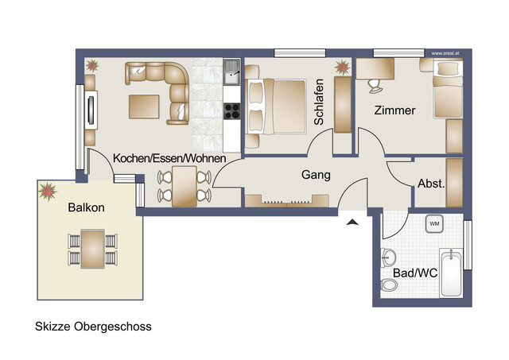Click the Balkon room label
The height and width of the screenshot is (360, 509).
[85, 207]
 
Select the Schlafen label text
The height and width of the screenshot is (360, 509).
[319, 102]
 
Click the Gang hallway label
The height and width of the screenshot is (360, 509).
[316, 175]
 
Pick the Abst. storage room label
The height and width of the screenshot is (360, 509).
[430, 183]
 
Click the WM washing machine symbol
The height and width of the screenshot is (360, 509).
[434, 224]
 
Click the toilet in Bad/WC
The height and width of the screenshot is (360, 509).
[389, 257]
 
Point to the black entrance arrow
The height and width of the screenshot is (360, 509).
[352, 223]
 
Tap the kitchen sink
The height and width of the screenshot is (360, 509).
[232, 73]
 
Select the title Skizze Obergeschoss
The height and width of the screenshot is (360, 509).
[92, 326]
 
